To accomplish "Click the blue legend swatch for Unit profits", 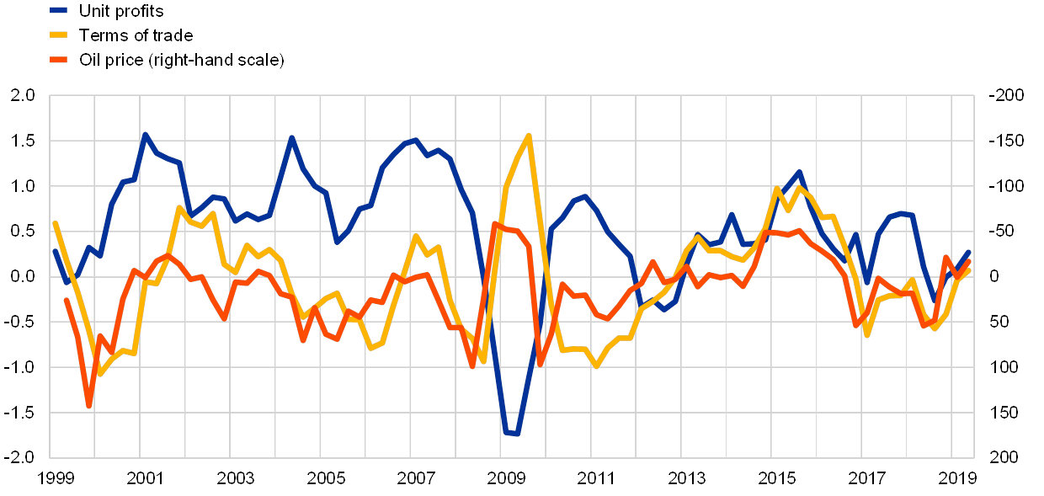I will [60, 11].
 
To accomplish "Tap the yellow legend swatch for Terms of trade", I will [60, 35].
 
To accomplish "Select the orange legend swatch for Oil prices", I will [60, 60].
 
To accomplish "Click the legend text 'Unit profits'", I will [122, 11].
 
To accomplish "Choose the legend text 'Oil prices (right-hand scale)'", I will [182, 60].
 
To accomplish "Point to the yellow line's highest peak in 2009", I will [528, 135].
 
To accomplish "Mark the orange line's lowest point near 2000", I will [88, 406].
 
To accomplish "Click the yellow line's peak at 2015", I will [775, 189].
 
